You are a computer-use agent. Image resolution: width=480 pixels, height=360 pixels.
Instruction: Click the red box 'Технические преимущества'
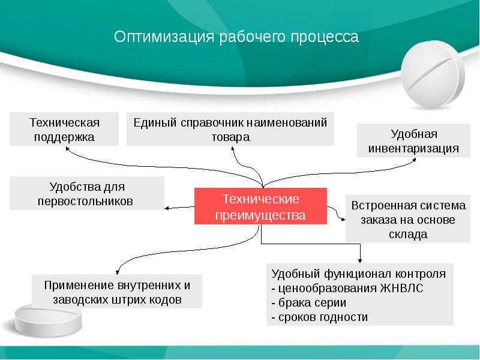[x=260, y=206]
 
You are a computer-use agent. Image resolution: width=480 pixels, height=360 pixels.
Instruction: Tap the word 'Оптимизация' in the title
[x=164, y=37]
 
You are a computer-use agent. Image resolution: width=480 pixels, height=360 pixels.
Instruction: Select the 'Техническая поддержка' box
[x=64, y=129]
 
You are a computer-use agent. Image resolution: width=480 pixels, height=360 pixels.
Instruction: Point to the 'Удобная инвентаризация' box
[x=413, y=140]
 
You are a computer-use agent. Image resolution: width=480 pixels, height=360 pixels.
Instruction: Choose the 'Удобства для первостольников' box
[x=87, y=193]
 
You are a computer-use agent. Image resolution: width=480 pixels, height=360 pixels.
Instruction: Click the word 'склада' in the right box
[x=408, y=234]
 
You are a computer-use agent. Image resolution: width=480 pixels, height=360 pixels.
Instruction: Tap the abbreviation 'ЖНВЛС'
[x=401, y=288]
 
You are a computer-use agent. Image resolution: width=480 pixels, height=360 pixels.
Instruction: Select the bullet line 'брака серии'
[x=309, y=303]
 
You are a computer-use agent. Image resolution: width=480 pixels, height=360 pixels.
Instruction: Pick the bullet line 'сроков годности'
[x=320, y=317]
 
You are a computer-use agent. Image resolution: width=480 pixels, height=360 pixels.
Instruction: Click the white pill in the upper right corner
[x=433, y=74]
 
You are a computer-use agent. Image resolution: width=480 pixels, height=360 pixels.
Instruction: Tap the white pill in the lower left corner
[x=49, y=319]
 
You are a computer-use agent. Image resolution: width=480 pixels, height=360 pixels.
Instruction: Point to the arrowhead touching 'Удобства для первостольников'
[x=167, y=208]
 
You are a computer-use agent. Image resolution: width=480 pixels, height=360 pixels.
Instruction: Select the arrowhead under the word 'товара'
[x=233, y=148]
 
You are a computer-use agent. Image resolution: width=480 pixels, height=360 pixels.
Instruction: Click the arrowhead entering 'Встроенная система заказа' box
[x=343, y=219]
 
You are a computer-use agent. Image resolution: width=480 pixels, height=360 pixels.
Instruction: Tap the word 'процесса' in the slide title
[x=325, y=37]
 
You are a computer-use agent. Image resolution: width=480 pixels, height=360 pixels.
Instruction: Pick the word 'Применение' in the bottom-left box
[x=79, y=286]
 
